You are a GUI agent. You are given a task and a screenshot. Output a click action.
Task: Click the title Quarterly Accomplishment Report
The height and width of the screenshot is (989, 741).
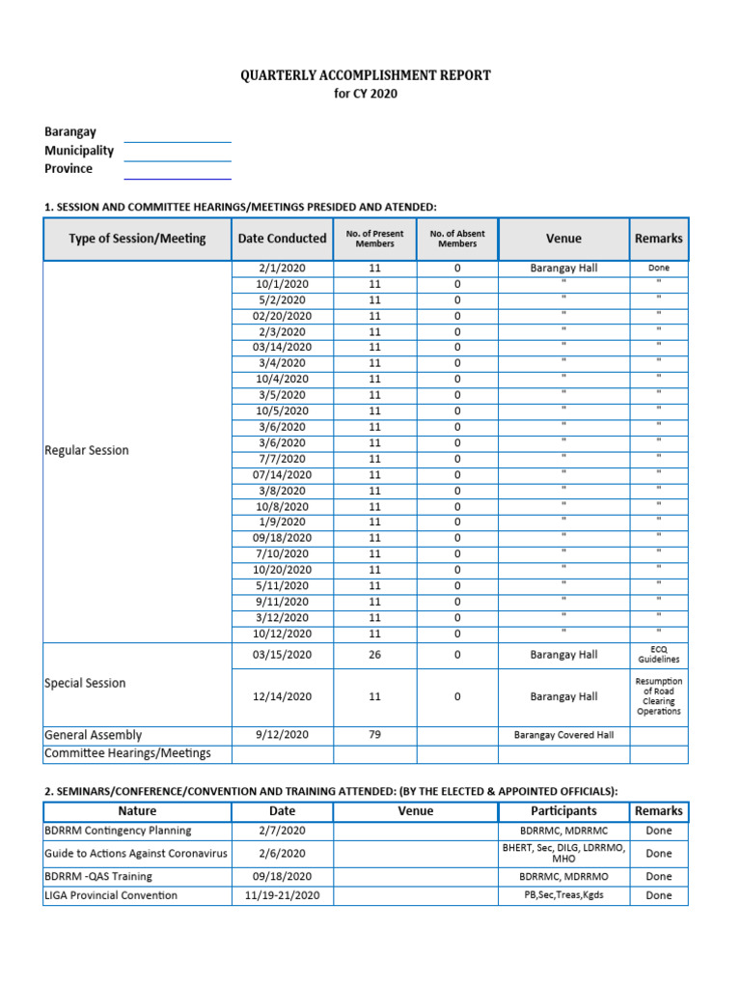[366, 75]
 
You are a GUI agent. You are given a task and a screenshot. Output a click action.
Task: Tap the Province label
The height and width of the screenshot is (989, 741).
[69, 169]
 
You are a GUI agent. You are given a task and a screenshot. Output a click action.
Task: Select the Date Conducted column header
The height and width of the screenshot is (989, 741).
[282, 239]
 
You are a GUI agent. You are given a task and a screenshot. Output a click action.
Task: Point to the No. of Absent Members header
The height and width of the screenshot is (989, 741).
[457, 239]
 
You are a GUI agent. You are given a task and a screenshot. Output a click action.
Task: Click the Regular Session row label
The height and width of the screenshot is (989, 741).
[87, 450]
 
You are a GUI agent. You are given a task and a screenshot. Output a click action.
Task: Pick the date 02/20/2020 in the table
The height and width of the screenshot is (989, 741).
[282, 316]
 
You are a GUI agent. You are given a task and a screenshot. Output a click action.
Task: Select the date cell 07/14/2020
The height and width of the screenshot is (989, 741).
[282, 474]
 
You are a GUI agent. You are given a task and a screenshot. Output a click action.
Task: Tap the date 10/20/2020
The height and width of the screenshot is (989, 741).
[282, 570]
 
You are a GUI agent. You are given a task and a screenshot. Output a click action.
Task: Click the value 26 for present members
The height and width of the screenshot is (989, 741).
[374, 655]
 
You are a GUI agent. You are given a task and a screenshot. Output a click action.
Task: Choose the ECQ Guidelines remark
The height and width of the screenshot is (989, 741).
[658, 655]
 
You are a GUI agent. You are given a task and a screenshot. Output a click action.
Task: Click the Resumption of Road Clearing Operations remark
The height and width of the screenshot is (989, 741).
[658, 696]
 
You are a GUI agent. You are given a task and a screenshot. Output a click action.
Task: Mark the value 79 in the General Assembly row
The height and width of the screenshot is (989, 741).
[374, 735]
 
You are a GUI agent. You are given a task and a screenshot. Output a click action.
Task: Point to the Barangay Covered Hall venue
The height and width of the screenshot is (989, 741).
[563, 735]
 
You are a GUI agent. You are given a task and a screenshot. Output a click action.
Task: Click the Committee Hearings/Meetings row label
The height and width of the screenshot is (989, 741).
[127, 753]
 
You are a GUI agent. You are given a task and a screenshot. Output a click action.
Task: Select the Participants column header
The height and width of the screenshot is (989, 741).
[563, 811]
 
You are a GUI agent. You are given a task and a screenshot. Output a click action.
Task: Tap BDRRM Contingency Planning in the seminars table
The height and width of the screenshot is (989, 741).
[118, 831]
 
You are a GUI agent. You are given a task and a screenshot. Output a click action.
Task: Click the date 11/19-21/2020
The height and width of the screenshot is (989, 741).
[282, 895]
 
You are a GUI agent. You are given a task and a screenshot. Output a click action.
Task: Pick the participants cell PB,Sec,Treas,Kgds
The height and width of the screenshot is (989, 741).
[563, 895]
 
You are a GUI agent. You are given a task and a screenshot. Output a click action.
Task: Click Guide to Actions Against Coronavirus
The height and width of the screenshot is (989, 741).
[134, 854]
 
